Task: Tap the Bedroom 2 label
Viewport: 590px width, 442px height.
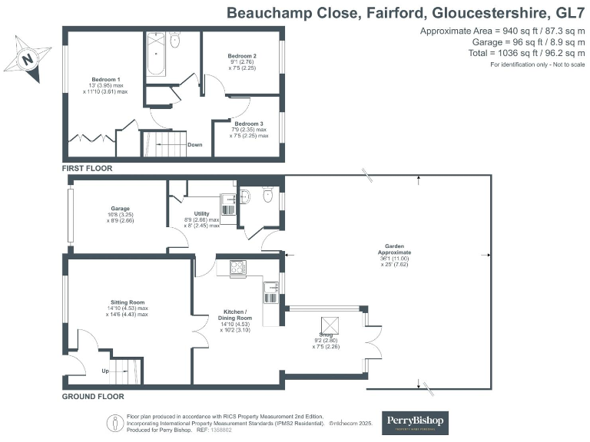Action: click(x=242, y=57)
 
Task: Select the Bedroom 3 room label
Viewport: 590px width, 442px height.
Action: click(x=249, y=124)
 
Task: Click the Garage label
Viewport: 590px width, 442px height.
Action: click(x=119, y=209)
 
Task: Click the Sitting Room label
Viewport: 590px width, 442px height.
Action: click(x=128, y=302)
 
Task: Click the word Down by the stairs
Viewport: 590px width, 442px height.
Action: click(x=194, y=144)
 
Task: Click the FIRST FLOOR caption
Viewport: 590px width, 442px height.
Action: click(x=87, y=167)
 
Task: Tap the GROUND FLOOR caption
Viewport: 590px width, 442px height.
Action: click(x=93, y=397)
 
